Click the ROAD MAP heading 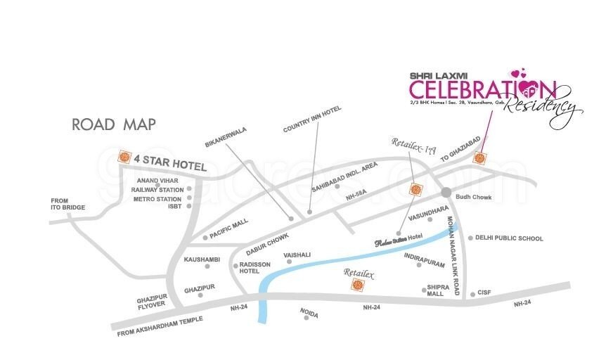coord(113,125)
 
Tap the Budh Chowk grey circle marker coord(446,191)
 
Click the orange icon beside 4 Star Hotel coord(126,157)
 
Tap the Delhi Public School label coord(509,238)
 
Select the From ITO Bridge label coord(67,204)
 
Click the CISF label coord(483,292)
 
